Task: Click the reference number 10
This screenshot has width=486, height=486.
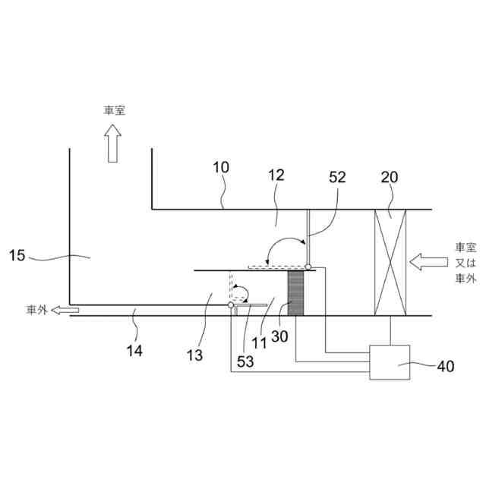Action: (x=221, y=167)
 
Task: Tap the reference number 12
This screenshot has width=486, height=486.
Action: (x=276, y=175)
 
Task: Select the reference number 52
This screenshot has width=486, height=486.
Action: (x=337, y=177)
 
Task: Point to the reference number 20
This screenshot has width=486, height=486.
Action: (x=390, y=177)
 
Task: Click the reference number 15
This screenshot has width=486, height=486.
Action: (x=17, y=256)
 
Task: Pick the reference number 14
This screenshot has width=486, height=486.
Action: (x=134, y=351)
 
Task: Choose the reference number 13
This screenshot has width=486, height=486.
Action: (x=194, y=355)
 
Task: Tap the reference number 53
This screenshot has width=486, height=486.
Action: (x=245, y=361)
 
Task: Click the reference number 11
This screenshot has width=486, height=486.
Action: (x=259, y=343)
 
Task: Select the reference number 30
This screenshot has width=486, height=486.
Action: (x=279, y=336)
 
